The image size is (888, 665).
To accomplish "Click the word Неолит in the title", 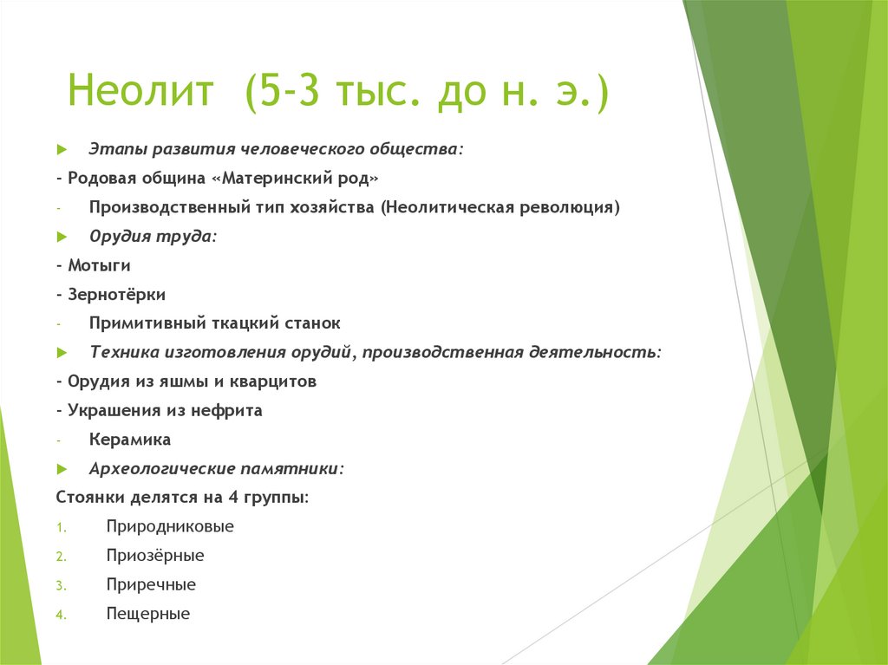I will (140, 92).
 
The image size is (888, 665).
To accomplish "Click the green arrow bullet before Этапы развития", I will (62, 149).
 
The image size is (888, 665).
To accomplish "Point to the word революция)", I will (573, 207).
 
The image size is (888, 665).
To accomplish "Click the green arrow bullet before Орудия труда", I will (62, 237).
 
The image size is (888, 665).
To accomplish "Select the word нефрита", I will (228, 410).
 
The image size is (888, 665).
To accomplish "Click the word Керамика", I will (130, 440).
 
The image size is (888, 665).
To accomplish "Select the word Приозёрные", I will (155, 556).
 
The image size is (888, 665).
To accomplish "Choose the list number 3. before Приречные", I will (61, 585).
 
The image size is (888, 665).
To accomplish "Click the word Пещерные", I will (148, 614).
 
